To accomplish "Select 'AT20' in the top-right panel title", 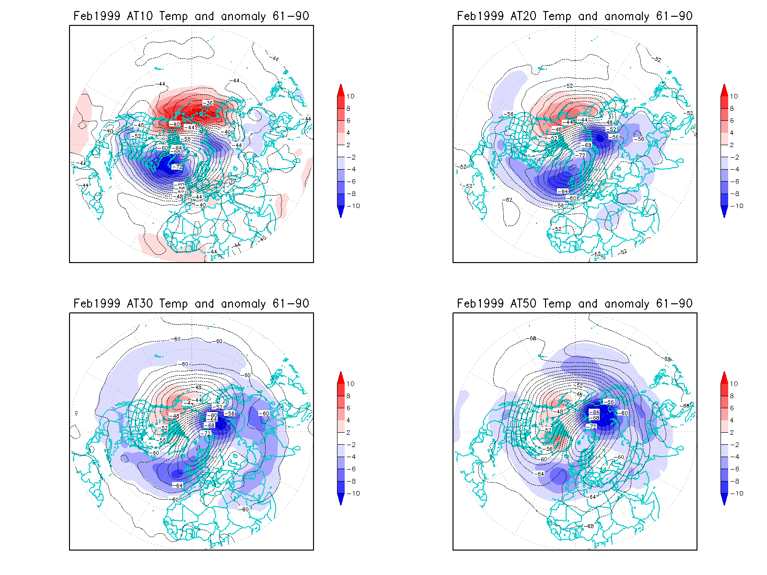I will [x=523, y=16].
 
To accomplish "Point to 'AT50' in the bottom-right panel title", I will [x=523, y=304].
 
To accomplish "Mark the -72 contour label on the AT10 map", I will [x=177, y=167].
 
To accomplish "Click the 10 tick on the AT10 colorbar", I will [x=350, y=96].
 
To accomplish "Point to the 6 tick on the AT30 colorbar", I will [x=349, y=408].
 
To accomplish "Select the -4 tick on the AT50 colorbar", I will [x=734, y=457].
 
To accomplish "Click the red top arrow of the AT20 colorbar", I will [x=724, y=90].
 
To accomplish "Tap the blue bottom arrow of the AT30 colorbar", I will [x=341, y=499].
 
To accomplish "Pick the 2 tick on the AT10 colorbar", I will [x=349, y=145].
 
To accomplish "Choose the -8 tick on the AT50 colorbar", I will [x=734, y=481].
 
